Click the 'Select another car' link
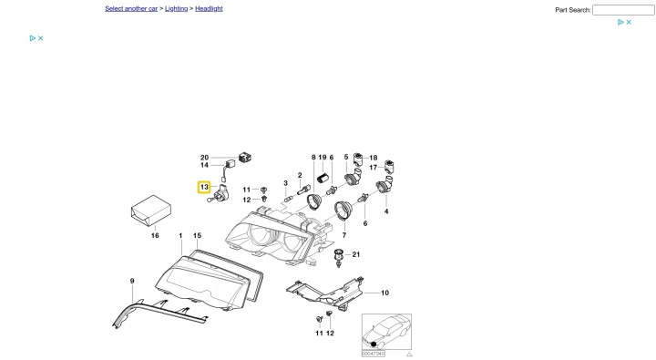tap(131, 8)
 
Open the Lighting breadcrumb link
tap(176, 8)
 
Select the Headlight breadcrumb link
tap(209, 8)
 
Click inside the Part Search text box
tap(623, 10)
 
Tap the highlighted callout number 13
tap(204, 187)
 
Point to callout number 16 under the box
tap(155, 236)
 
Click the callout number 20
tap(204, 158)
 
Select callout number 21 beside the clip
tap(355, 254)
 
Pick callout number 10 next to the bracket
tap(384, 293)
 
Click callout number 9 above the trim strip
tap(132, 281)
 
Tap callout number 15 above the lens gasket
tap(197, 236)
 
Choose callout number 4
tap(386, 211)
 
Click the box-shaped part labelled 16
tap(151, 211)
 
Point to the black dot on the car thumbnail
tap(374, 345)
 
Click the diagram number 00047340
tap(374, 354)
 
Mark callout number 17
tap(374, 168)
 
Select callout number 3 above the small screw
tap(286, 183)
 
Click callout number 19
tap(323, 158)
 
